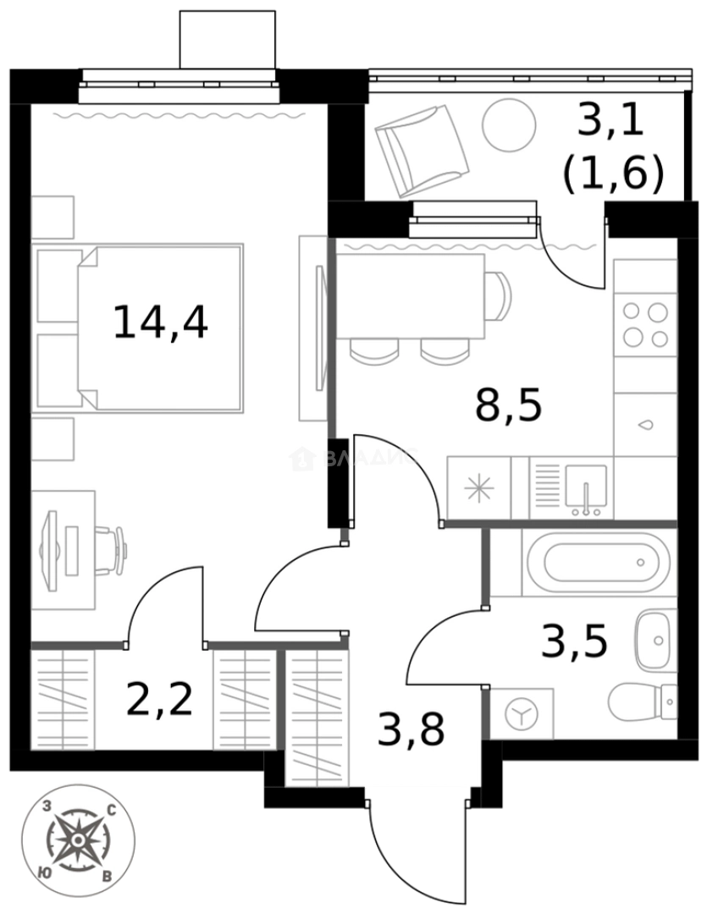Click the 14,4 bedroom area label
[160, 322]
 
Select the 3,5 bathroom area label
[574, 641]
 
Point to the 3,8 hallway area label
[411, 729]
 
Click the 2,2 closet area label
[159, 699]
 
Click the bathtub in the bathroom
[592, 561]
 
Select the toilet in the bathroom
[642, 702]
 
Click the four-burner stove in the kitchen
[645, 324]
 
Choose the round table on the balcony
[509, 125]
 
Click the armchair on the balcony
[420, 149]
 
